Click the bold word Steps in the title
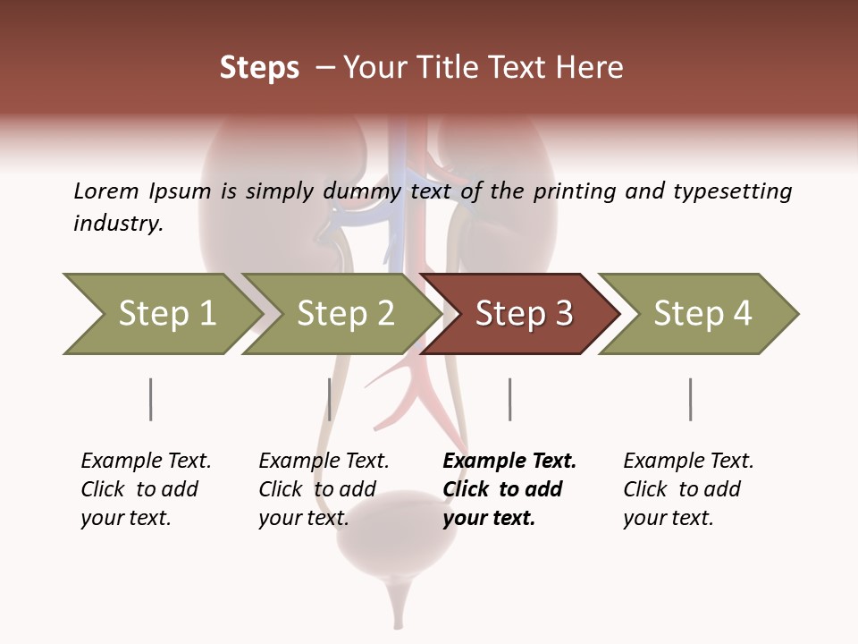click(x=259, y=68)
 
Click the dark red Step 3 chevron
click(x=522, y=314)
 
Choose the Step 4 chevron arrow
click(x=701, y=314)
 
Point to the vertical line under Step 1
click(x=151, y=399)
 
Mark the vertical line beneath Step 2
click(x=330, y=399)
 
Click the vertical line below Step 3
click(x=510, y=399)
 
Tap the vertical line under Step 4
click(x=691, y=399)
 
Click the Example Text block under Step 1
click(x=145, y=489)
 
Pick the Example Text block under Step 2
click(x=323, y=489)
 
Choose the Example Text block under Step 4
click(x=687, y=489)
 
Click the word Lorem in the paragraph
click(x=106, y=191)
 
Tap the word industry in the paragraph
click(x=117, y=224)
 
